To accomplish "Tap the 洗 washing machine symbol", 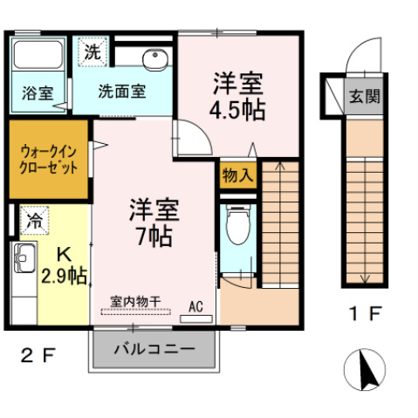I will coord(91,51).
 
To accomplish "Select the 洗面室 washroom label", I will coord(121,90).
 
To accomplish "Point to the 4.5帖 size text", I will coord(238,111).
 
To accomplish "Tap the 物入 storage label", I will coord(236,175).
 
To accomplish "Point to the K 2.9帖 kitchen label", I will coord(64,267).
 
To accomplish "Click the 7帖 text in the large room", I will coord(154,235).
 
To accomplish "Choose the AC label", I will coord(195,307).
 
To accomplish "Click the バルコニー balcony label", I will coord(154,350).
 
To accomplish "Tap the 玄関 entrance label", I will coord(365,96).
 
